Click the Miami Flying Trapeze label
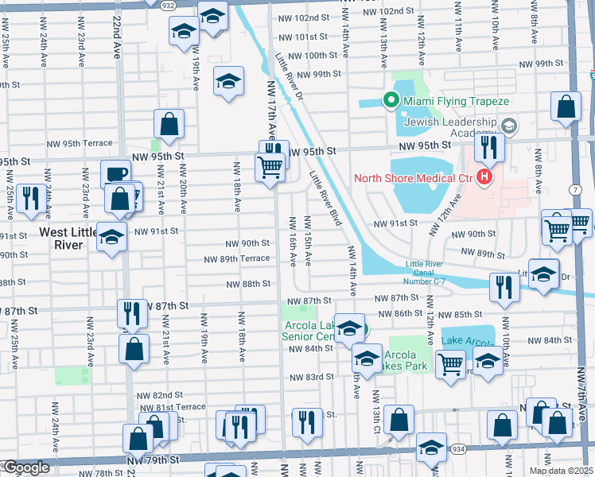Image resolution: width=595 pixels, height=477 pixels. click(x=456, y=101)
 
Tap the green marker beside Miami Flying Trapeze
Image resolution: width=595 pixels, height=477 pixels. click(x=391, y=100)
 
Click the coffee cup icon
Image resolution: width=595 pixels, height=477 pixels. click(x=115, y=173)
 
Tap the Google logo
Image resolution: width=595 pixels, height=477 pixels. click(x=26, y=468)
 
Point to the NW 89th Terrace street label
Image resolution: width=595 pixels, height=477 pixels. click(x=236, y=259)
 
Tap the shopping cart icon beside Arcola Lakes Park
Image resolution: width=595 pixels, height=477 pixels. click(x=451, y=363)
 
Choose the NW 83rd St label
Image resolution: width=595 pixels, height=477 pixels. click(x=310, y=377)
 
